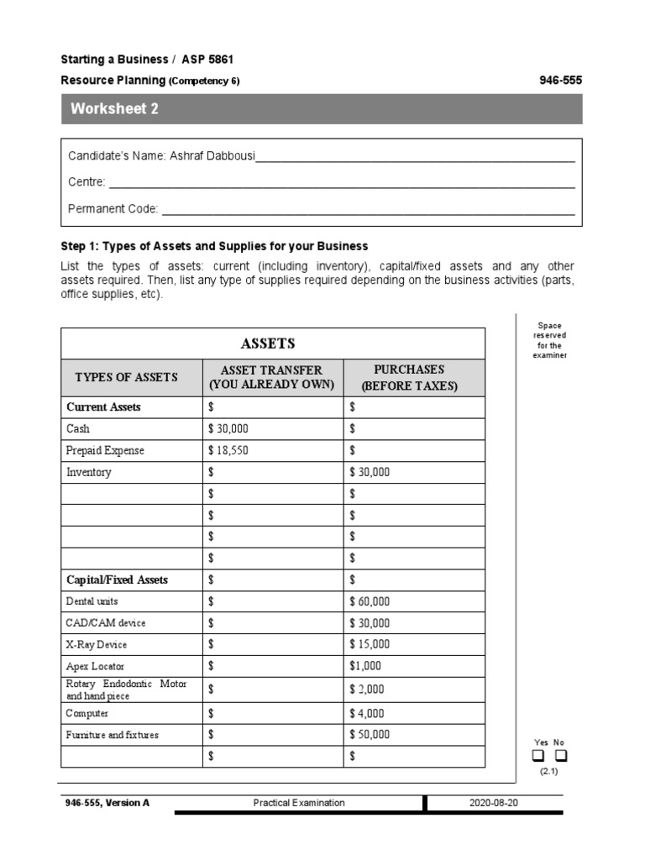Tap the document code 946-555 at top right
coord(559,81)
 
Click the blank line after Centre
coord(342,183)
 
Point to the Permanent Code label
coord(113,209)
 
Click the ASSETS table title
coord(268,343)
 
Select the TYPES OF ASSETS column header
coord(126,377)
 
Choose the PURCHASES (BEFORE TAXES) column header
coord(409,377)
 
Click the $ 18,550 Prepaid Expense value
coord(228,450)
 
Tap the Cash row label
coord(78,428)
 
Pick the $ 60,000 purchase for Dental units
coord(370,601)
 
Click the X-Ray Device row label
coord(97,645)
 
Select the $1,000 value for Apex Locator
coord(365,666)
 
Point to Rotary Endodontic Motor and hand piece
coord(126,690)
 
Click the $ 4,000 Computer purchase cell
coord(367,713)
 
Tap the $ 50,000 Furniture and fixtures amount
coord(370,735)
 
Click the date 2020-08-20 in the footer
coord(494,803)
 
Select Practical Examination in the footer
coord(299,803)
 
